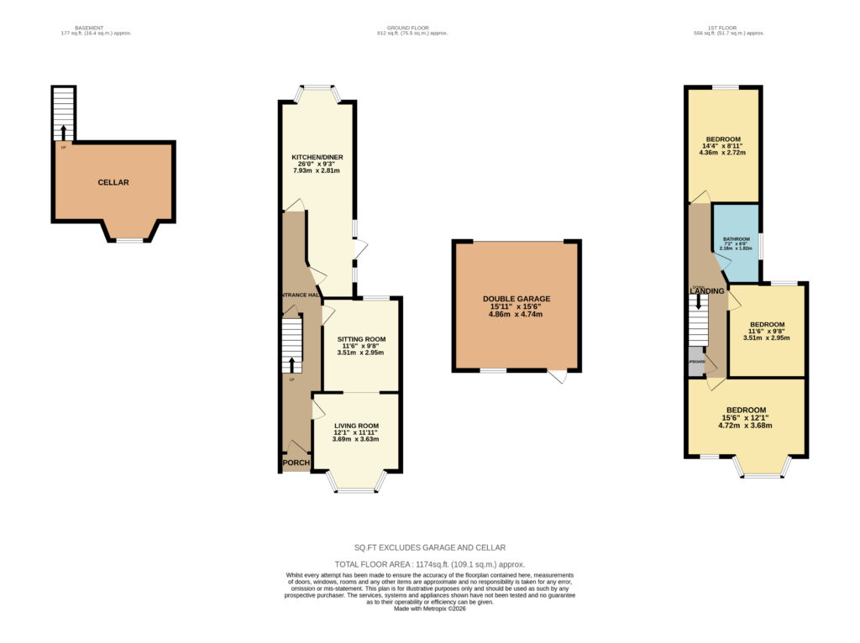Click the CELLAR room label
coord(113,182)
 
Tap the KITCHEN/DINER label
coord(317,158)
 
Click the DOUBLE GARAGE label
coord(516,299)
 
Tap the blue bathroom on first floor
coord(736,243)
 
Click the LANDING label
coord(707,291)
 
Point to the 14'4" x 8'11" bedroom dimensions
coord(722,148)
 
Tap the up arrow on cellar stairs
coord(64,132)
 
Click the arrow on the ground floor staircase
coord(291,364)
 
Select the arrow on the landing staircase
coord(697,302)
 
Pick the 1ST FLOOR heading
coord(727,28)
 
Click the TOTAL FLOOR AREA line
coord(430,565)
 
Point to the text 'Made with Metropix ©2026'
coord(430,609)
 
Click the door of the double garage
coord(557,377)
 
